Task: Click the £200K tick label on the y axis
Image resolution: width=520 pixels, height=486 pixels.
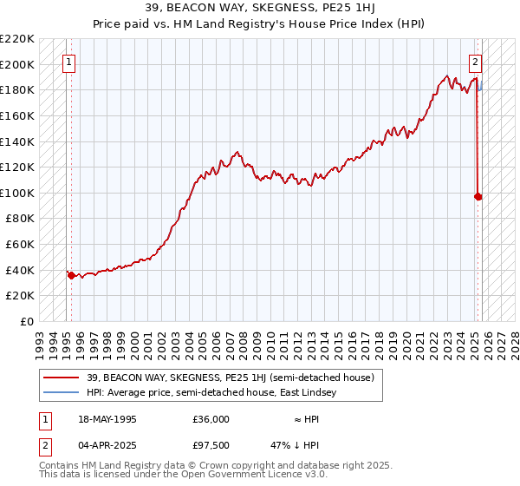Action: (17, 64)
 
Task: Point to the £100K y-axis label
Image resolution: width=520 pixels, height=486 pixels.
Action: (17, 193)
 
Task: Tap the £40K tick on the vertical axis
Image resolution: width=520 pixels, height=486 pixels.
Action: (20, 270)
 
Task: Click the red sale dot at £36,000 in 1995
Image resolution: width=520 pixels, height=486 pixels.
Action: (71, 275)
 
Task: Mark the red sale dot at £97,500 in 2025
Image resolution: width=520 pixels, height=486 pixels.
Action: (478, 196)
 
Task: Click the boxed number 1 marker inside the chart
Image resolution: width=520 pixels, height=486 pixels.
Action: (68, 62)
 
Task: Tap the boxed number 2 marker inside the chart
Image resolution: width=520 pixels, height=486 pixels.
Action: (476, 62)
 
